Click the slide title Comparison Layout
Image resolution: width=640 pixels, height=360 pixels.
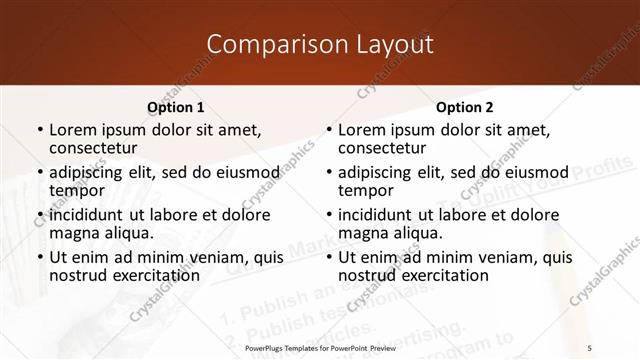coord(319,45)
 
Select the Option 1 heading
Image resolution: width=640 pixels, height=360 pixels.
coord(175,107)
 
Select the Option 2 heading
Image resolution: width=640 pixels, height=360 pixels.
coord(465,107)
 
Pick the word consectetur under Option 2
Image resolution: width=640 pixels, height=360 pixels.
coord(381,149)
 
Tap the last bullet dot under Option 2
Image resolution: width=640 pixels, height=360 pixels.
coord(329,258)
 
